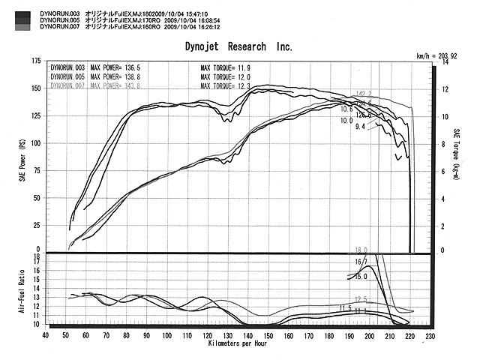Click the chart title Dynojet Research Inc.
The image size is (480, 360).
[x=238, y=46]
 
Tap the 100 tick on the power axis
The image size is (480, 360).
[x=36, y=142]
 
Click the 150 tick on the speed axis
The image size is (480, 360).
[x=268, y=337]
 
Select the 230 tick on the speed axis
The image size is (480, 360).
[x=429, y=337]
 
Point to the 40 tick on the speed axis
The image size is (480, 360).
[x=46, y=337]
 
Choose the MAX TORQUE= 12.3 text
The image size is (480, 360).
[x=225, y=85]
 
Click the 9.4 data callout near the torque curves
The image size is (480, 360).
[x=359, y=127]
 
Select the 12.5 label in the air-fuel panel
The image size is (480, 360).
[x=360, y=299]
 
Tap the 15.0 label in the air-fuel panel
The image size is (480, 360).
[x=361, y=277]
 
